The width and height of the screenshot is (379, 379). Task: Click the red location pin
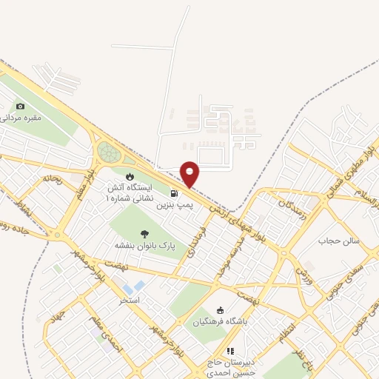click(190, 175)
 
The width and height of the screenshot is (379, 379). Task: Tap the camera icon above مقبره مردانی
click(20, 107)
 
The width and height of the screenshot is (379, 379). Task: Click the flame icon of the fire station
click(130, 177)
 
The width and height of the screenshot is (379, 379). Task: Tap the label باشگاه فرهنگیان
click(224, 321)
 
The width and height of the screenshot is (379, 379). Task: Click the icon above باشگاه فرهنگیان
click(219, 310)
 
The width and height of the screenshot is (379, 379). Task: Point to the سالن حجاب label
click(338, 241)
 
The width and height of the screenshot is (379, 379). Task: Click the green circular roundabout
click(109, 152)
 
